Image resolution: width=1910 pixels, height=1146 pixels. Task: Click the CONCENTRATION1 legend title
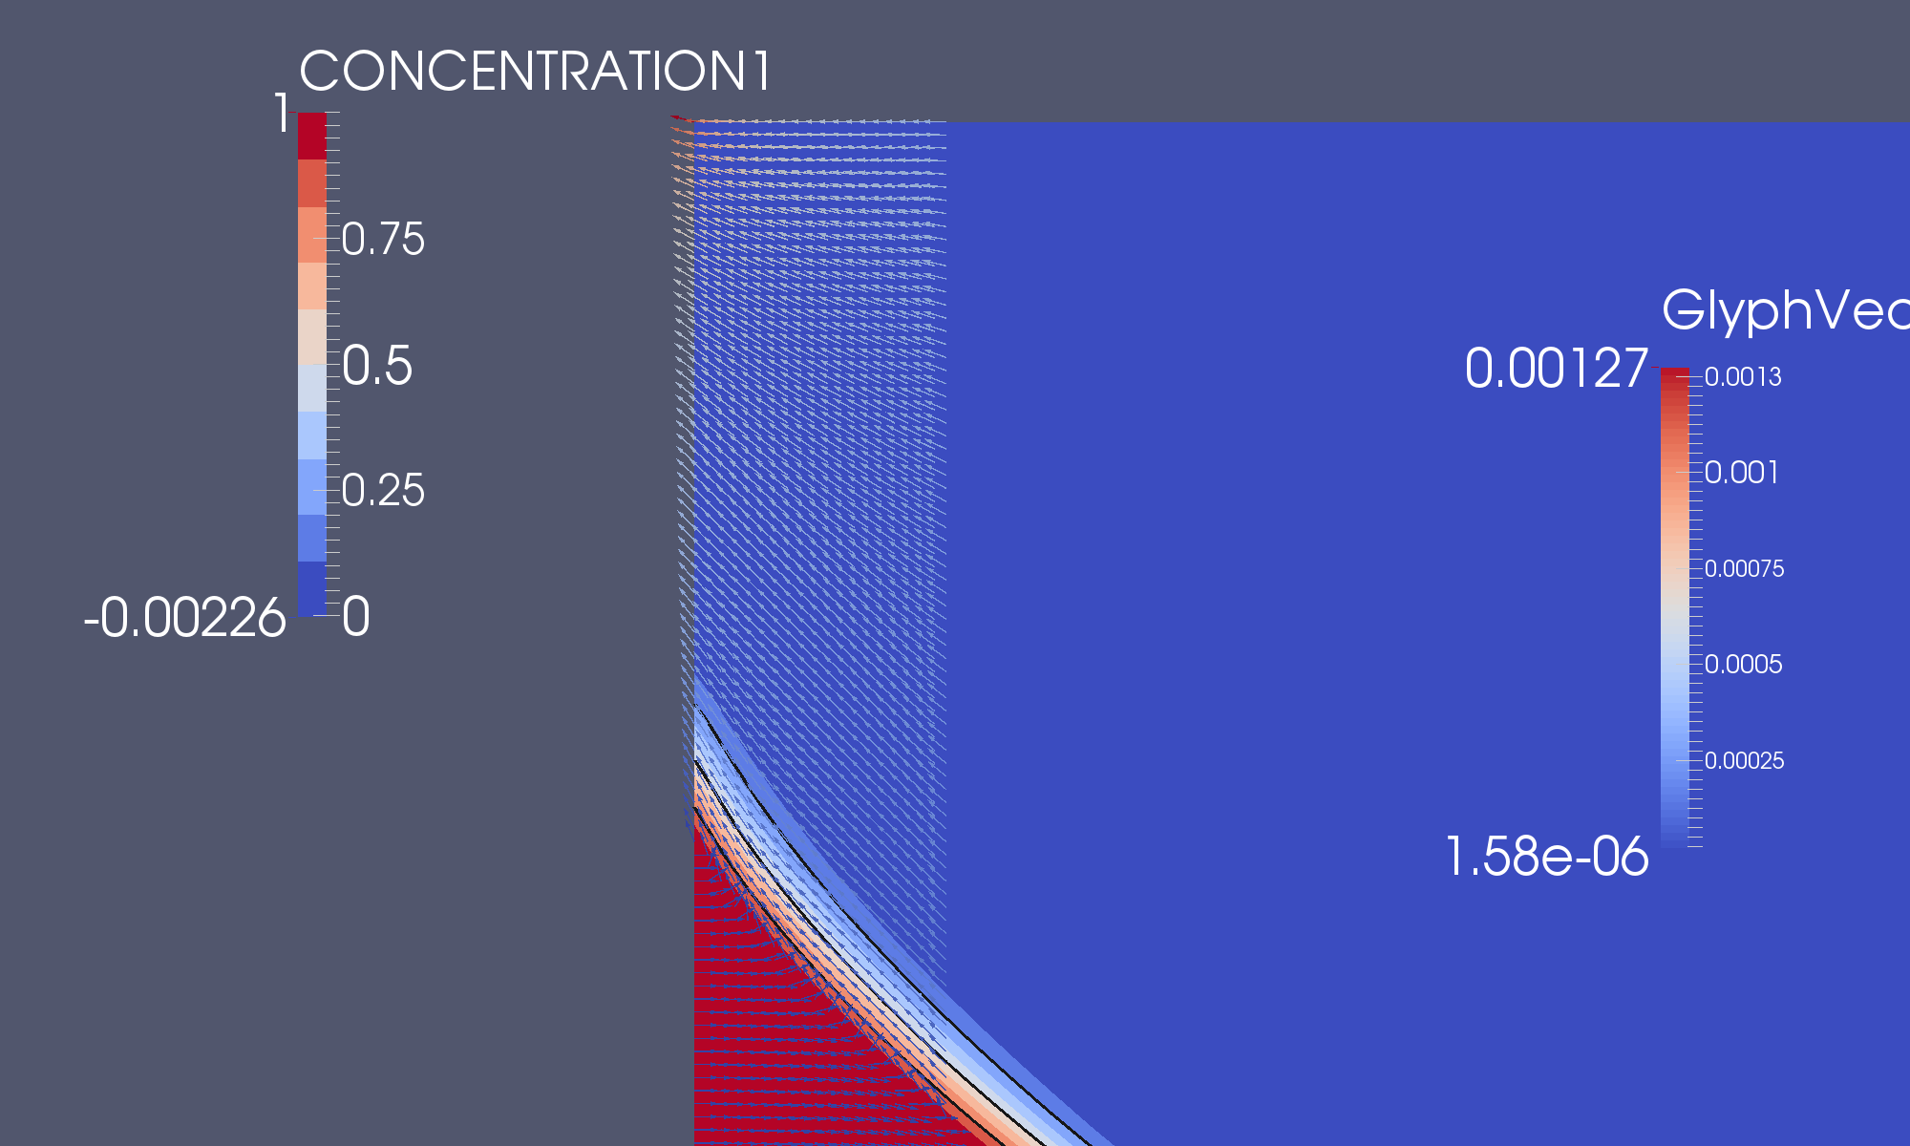(535, 72)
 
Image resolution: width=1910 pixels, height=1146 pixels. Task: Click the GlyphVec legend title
(1784, 310)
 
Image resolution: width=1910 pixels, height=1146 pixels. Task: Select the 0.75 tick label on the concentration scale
(383, 239)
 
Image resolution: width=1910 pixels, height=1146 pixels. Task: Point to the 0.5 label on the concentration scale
(377, 366)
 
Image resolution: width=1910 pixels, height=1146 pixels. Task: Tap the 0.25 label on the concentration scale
(383, 491)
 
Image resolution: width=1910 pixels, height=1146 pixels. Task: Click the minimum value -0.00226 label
(184, 618)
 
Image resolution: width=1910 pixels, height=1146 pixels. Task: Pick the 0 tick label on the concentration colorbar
(356, 617)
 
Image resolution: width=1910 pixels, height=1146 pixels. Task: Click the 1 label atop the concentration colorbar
(282, 114)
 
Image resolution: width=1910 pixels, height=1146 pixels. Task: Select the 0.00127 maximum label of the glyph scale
(1556, 369)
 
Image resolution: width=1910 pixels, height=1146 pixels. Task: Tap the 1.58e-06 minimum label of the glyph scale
(1546, 856)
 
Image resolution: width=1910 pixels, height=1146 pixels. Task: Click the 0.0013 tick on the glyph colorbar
(1743, 377)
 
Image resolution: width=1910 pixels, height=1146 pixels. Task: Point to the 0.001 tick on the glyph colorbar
(1742, 473)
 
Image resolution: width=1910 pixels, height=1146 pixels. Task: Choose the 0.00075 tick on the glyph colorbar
(1744, 569)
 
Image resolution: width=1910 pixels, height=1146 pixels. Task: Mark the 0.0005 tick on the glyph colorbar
(1743, 665)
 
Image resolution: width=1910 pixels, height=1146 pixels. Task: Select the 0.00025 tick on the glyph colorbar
(1744, 761)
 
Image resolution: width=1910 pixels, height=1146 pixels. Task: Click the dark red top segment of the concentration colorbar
(312, 136)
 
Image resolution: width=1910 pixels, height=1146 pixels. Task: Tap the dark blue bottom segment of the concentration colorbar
(312, 588)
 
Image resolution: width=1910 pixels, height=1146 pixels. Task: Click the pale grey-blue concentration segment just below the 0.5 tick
(312, 388)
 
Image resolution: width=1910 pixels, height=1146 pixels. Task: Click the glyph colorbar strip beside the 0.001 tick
(1675, 473)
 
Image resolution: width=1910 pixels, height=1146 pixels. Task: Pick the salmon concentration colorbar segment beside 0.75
(312, 235)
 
